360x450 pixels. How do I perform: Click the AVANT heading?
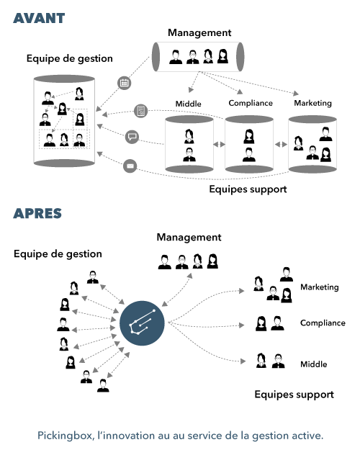(39, 19)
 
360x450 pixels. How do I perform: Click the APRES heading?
(37, 214)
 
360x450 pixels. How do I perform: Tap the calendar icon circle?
(125, 83)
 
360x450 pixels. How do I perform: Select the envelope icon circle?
(130, 166)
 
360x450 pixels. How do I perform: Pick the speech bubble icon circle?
(132, 137)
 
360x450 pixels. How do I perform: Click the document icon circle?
(141, 110)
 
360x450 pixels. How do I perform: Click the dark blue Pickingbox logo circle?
(142, 323)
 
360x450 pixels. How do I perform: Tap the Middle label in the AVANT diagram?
(189, 104)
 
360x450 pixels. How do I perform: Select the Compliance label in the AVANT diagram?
(251, 103)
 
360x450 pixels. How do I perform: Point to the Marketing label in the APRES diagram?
(320, 287)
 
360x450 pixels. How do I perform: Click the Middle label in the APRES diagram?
(314, 364)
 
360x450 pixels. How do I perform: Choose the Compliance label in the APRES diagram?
(323, 323)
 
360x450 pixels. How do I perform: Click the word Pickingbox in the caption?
(65, 436)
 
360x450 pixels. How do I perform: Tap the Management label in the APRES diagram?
(189, 238)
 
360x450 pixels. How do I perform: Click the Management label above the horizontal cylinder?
(199, 32)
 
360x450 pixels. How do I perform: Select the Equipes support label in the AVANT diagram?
(248, 189)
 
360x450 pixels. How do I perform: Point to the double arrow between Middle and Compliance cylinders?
(219, 144)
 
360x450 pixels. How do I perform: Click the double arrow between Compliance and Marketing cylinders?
(281, 144)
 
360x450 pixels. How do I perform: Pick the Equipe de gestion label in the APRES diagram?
(58, 254)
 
